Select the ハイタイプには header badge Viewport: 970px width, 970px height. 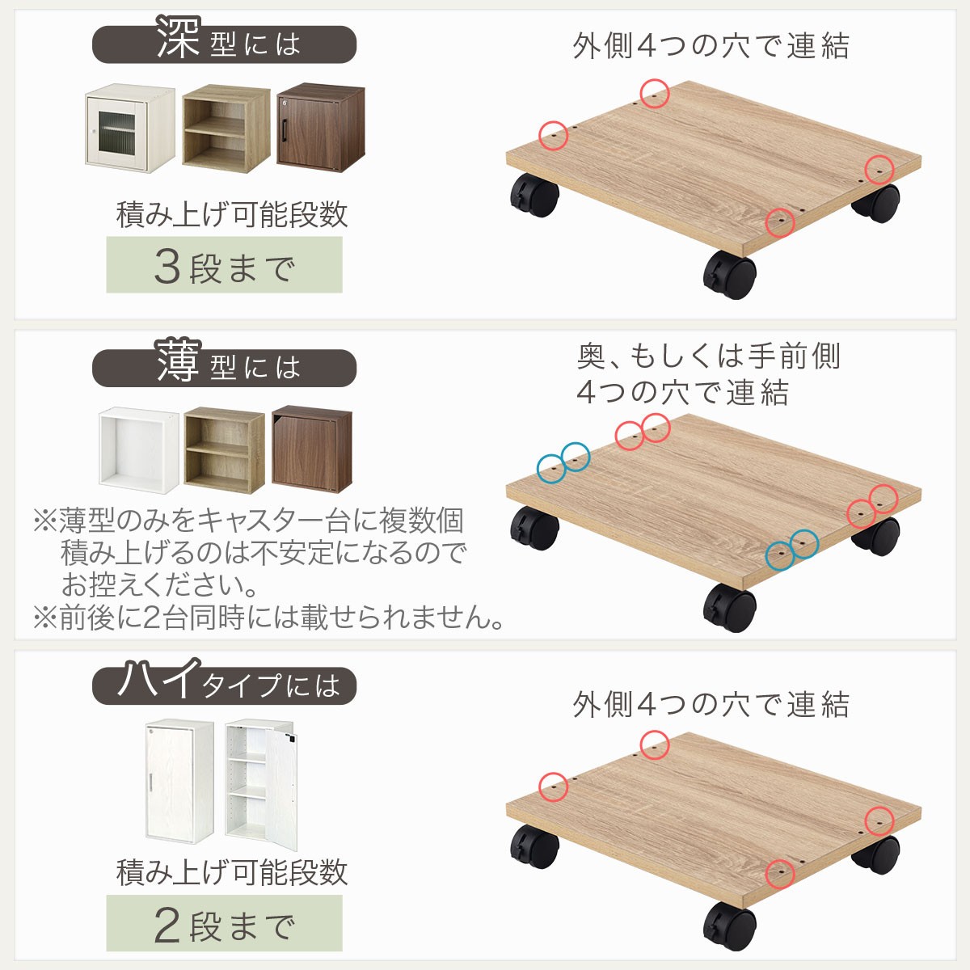pyautogui.click(x=224, y=684)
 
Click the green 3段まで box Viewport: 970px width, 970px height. pyautogui.click(x=224, y=265)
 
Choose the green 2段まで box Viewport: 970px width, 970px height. pyautogui.click(x=224, y=923)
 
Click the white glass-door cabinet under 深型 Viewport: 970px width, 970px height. pyautogui.click(x=129, y=128)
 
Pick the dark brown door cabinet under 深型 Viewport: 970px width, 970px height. pyautogui.click(x=321, y=128)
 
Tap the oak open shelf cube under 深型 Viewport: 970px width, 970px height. pyautogui.click(x=226, y=129)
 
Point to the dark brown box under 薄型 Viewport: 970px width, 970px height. pyautogui.click(x=312, y=449)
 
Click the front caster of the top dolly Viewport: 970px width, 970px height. pyautogui.click(x=730, y=275)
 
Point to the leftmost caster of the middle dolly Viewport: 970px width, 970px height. pyautogui.click(x=534, y=529)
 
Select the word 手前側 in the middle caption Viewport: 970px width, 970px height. pyautogui.click(x=794, y=356)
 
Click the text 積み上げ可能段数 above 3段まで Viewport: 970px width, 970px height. pyautogui.click(x=232, y=215)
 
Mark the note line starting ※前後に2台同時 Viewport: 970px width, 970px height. pyautogui.click(x=268, y=618)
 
